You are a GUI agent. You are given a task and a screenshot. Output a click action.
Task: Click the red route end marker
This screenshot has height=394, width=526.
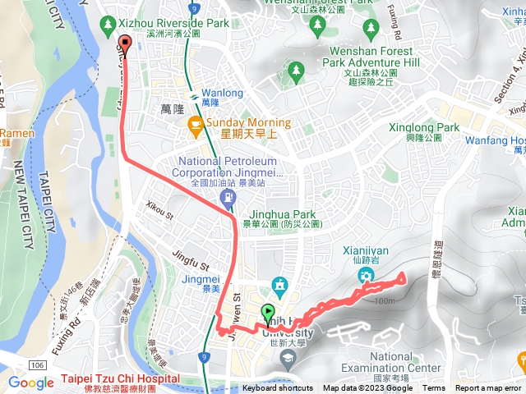pyautogui.click(x=125, y=44)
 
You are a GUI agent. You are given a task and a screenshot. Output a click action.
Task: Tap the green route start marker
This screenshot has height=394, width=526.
pyautogui.click(x=268, y=313)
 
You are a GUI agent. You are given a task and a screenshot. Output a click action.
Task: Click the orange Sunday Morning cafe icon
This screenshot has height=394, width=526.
pyautogui.click(x=196, y=125)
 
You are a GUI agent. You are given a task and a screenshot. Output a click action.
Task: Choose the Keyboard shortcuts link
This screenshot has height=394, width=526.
pyautogui.click(x=277, y=388)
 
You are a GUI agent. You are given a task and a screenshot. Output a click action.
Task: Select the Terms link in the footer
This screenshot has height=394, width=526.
pyautogui.click(x=434, y=388)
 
